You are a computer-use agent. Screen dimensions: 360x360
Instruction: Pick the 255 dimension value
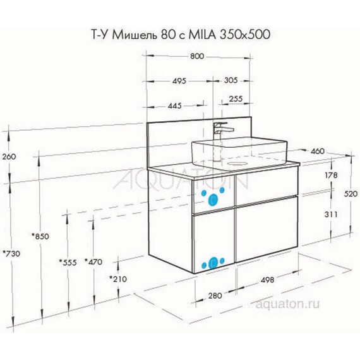[236, 99]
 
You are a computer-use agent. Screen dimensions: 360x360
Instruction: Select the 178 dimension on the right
[328, 175]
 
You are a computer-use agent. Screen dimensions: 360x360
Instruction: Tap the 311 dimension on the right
[328, 215]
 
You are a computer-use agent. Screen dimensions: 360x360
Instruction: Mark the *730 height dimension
[11, 253]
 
